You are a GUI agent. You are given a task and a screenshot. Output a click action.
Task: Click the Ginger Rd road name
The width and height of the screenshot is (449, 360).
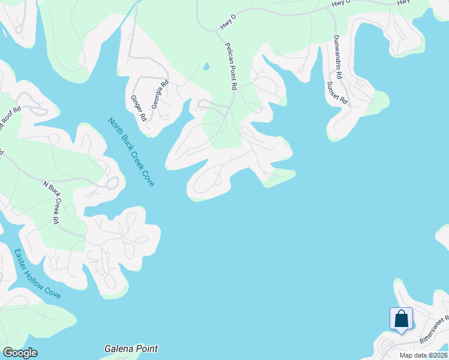tap(138, 108)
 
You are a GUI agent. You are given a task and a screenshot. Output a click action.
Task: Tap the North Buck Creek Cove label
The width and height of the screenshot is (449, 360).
tap(131, 151)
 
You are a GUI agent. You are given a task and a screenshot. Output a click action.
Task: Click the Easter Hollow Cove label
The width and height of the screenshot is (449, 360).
tap(37, 274)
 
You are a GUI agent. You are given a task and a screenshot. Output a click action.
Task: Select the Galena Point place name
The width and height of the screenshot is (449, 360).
tap(131, 349)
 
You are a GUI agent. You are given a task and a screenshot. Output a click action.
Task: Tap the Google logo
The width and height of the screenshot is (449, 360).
tap(20, 353)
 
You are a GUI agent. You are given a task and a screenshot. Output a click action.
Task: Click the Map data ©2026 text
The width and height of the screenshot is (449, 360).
tap(424, 355)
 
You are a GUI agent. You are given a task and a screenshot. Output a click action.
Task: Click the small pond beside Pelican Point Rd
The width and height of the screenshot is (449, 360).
tap(206, 65)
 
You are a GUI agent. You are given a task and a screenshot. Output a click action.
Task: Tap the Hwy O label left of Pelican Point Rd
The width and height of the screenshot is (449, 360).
tap(228, 23)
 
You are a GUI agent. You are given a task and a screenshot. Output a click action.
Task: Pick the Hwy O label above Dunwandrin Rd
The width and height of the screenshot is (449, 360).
tap(340, 4)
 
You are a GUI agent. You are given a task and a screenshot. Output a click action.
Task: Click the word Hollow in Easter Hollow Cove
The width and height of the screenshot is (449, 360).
tap(36, 273)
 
